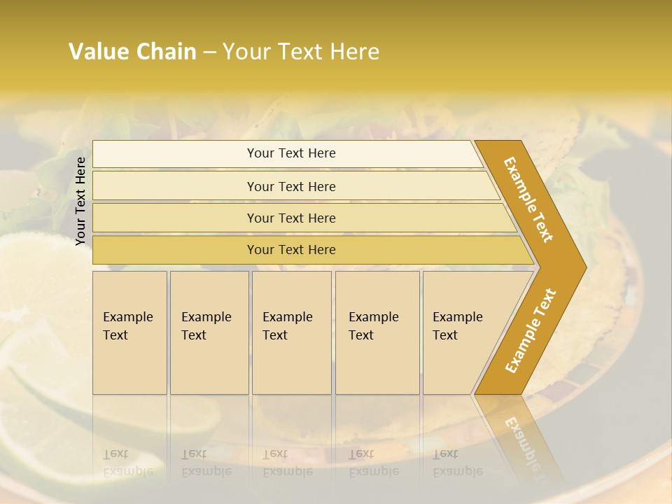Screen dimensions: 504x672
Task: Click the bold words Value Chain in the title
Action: (132, 52)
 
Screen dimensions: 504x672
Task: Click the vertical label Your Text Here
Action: (80, 201)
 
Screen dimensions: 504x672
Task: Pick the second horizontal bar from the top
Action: (291, 186)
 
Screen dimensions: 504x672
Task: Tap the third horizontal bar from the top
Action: (291, 218)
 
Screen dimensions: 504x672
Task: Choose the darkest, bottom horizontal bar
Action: (291, 250)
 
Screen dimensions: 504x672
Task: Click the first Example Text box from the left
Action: (129, 332)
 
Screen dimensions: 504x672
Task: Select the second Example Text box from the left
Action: (209, 332)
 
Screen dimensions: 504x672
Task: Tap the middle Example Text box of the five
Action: (291, 332)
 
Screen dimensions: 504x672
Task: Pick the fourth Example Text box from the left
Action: (377, 332)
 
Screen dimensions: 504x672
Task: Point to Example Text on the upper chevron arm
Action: (528, 199)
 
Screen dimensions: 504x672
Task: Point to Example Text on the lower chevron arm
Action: (531, 331)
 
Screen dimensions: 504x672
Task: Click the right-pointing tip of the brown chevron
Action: (582, 267)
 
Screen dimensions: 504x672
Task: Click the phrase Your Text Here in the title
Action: (301, 52)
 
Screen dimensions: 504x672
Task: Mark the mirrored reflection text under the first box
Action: (128, 462)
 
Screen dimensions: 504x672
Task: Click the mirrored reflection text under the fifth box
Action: (457, 462)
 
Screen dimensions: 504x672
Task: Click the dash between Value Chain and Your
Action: (209, 52)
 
